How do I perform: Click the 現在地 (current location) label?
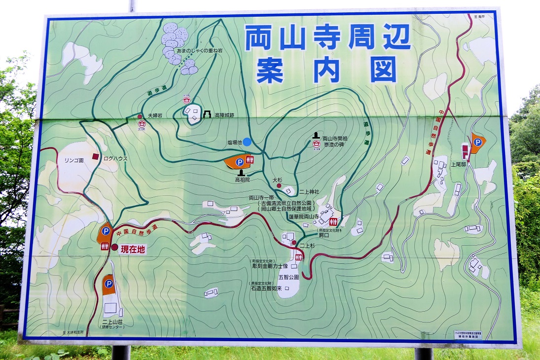pyautogui.click(x=134, y=250)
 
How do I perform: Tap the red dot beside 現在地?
pyautogui.click(x=115, y=248)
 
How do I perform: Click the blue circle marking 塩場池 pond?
pyautogui.click(x=247, y=142)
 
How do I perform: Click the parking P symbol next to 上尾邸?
pyautogui.click(x=477, y=142)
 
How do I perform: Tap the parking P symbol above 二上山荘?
pyautogui.click(x=108, y=284)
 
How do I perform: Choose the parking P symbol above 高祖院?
pyautogui.click(x=239, y=162)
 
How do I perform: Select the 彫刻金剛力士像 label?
pyautogui.click(x=271, y=266)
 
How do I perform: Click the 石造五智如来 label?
pyautogui.click(x=266, y=288)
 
